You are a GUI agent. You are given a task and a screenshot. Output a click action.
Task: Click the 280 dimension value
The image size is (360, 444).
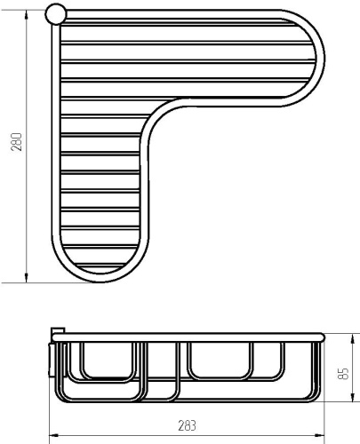(17, 142)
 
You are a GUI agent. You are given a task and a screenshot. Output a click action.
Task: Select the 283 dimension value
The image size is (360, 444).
(187, 425)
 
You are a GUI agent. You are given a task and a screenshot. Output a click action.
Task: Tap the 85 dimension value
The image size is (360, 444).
(343, 374)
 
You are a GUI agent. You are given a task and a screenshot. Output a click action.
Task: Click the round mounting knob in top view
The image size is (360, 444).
(56, 13)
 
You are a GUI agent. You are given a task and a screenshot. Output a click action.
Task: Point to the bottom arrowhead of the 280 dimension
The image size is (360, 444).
(27, 278)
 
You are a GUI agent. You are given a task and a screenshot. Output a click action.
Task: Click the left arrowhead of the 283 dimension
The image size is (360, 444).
(53, 435)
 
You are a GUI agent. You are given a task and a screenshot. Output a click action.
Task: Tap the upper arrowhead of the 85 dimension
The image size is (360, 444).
(353, 338)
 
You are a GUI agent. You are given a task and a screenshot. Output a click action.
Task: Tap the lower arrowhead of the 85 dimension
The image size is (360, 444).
(353, 397)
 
